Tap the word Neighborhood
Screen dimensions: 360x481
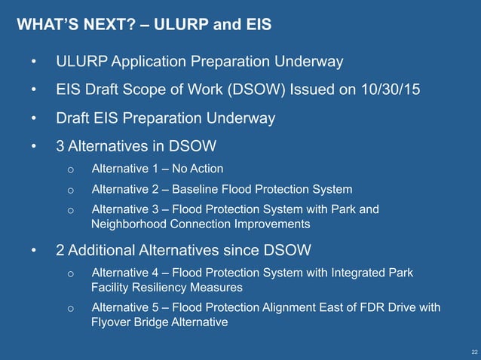127,224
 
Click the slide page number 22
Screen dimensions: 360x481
473,352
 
